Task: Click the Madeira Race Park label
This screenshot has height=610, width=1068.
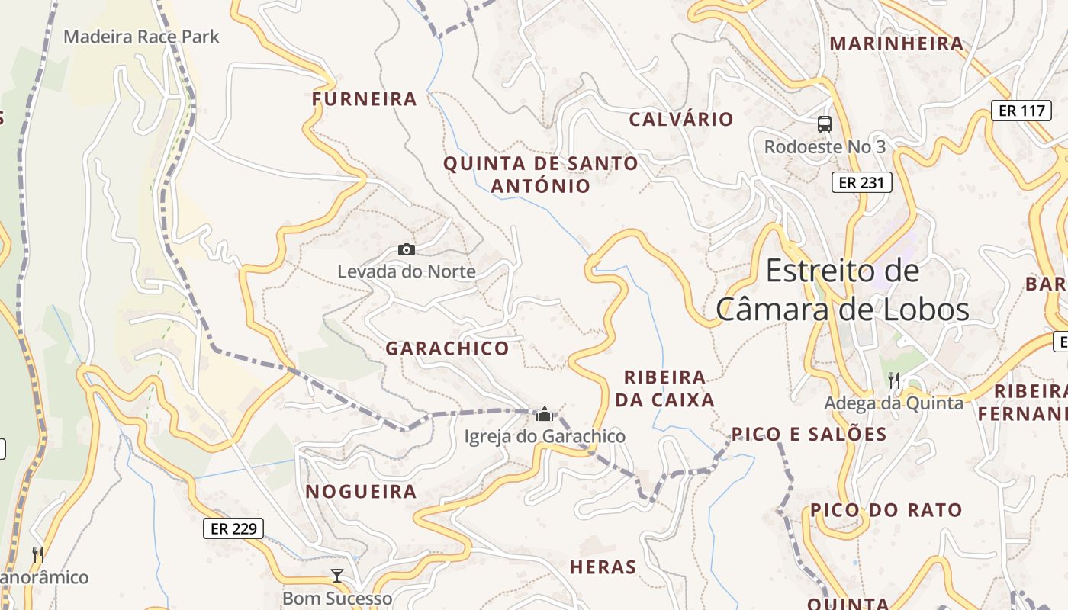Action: pos(141,37)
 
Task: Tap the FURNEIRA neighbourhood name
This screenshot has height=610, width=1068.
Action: pos(365,99)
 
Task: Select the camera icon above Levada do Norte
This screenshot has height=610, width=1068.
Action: pos(407,249)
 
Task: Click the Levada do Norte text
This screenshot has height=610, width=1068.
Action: pos(407,271)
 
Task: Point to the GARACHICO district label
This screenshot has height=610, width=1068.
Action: pos(447,348)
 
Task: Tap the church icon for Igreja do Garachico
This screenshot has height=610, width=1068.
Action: pos(545,414)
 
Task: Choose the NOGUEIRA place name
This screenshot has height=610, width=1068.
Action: pos(362,492)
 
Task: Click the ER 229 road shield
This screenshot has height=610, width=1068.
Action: pos(233,528)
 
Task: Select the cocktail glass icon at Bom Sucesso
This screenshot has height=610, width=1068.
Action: pos(337,576)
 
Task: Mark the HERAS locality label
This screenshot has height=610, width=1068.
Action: pos(603,567)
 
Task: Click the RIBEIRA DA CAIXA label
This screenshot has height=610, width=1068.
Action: pos(669,388)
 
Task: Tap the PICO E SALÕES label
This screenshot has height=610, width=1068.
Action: pos(809,435)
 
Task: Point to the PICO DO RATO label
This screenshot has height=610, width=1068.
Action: pos(886,510)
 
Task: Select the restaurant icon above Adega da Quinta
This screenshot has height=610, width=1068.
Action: pos(894,380)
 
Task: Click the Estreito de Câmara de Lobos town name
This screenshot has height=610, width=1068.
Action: pos(842,291)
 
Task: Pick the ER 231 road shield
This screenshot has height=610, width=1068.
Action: pos(861,182)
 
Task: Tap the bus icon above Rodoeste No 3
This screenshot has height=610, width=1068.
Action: pos(825,124)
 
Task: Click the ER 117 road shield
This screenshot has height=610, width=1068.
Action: pos(1021,111)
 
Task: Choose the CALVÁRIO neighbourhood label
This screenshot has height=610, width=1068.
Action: pos(680,120)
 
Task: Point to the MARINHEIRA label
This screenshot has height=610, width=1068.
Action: pos(897,43)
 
